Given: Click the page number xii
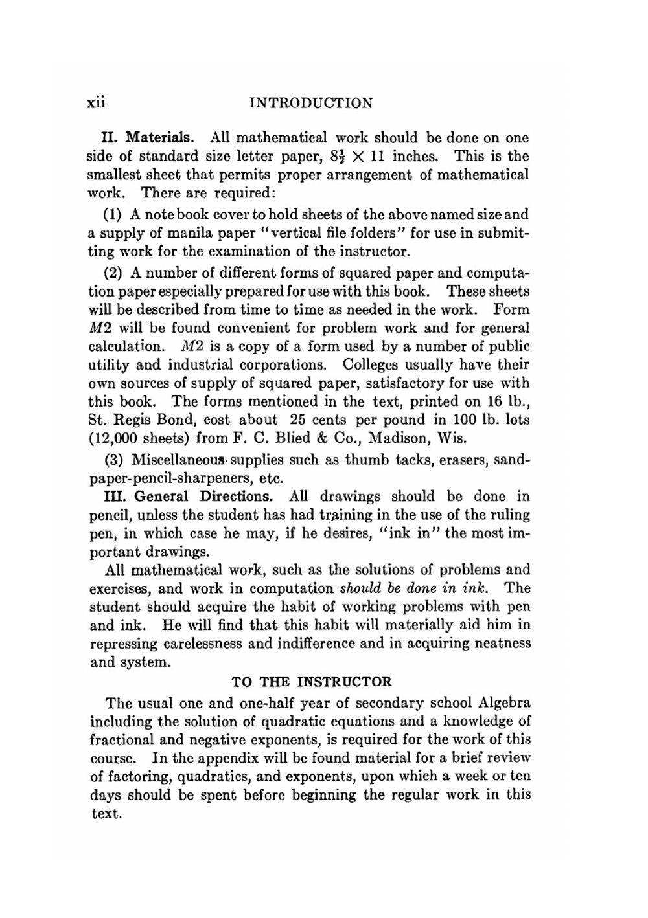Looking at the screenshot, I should coord(96,103).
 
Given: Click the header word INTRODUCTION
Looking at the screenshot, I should coord(311,104).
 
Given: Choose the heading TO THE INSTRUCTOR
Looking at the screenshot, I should coord(312,682).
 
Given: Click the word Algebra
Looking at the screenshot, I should coord(505,703).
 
